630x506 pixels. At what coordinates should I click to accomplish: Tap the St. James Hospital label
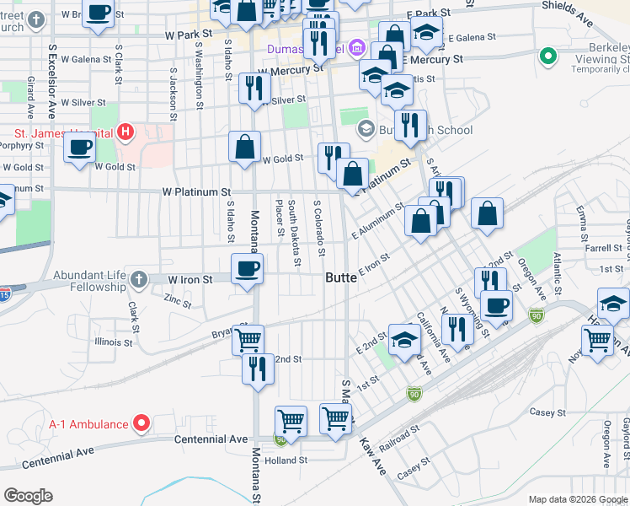[64, 132]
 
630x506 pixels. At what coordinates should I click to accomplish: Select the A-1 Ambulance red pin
[142, 423]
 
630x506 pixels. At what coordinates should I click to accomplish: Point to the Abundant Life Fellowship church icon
[139, 278]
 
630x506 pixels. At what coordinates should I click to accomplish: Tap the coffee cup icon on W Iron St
[247, 269]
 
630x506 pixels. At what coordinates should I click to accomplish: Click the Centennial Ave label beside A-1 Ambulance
[211, 439]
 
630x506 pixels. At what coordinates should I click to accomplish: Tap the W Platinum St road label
[197, 192]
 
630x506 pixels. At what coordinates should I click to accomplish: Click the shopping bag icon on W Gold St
[244, 147]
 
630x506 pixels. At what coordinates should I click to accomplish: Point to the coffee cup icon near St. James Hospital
[79, 148]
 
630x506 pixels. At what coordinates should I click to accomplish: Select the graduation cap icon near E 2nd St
[404, 341]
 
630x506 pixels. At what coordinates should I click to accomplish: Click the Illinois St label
[114, 343]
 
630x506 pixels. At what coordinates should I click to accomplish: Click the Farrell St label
[603, 249]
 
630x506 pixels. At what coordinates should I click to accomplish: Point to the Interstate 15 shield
[5, 293]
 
